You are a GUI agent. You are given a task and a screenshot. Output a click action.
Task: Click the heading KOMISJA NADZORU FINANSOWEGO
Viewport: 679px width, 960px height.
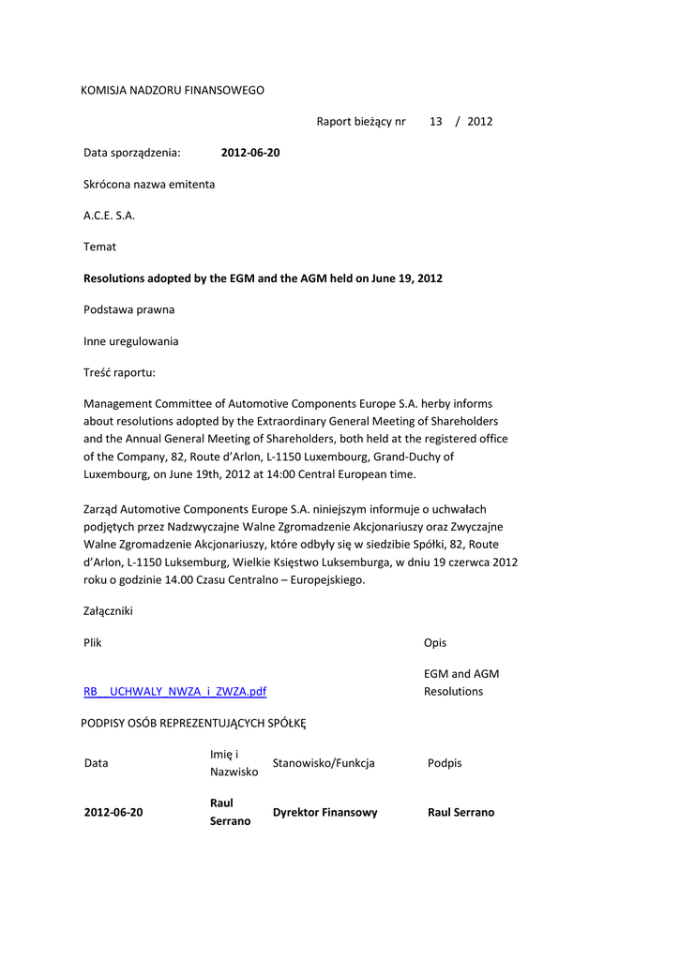[173, 90]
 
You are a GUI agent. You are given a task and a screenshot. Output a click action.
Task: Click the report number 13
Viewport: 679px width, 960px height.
[435, 121]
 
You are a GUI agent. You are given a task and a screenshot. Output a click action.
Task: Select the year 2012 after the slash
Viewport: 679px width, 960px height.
[479, 121]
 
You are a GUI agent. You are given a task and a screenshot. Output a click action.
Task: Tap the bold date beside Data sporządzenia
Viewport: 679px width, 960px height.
[250, 153]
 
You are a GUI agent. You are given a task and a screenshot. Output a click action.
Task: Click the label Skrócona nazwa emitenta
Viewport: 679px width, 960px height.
[149, 184]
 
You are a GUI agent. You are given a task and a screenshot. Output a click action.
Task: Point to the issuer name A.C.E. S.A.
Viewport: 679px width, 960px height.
[110, 216]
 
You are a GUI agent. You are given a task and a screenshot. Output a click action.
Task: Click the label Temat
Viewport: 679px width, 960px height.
[100, 247]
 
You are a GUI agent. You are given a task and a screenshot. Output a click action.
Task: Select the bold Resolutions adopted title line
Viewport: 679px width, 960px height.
[263, 278]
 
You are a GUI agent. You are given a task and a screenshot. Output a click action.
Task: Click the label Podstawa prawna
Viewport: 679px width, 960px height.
[128, 309]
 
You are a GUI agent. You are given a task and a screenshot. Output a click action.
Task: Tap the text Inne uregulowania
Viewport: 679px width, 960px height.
[130, 341]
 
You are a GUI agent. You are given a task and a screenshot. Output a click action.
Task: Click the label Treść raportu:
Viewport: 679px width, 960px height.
[119, 372]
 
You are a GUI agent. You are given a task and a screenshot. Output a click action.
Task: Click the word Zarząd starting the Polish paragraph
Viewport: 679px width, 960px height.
[103, 509]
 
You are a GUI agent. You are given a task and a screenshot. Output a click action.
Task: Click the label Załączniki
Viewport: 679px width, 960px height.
[108, 611]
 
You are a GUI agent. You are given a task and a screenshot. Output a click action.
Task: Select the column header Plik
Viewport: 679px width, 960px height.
[93, 643]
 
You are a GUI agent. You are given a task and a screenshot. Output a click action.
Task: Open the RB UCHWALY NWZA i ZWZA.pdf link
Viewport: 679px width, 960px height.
[175, 692]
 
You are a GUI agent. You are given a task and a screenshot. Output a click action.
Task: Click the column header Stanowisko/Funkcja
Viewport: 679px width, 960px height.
[324, 763]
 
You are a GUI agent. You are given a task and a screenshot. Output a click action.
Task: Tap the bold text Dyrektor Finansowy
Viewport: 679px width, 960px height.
[324, 813]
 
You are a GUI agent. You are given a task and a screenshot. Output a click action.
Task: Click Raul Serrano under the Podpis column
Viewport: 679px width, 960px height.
[460, 813]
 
